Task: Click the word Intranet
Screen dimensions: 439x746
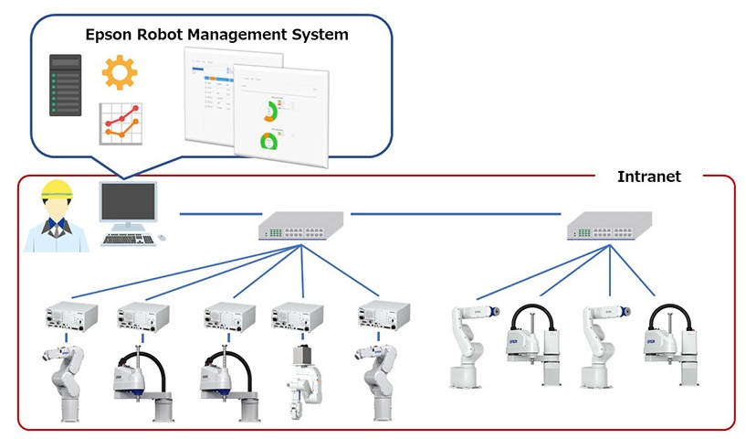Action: coord(648,177)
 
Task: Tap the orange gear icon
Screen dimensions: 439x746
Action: coord(120,72)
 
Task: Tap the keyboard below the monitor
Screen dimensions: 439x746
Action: coord(127,240)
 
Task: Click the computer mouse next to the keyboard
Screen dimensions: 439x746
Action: coord(162,238)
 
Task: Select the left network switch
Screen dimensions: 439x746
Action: coord(299,224)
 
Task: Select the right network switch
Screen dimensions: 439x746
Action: coord(609,224)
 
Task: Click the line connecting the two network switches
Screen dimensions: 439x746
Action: coord(457,215)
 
